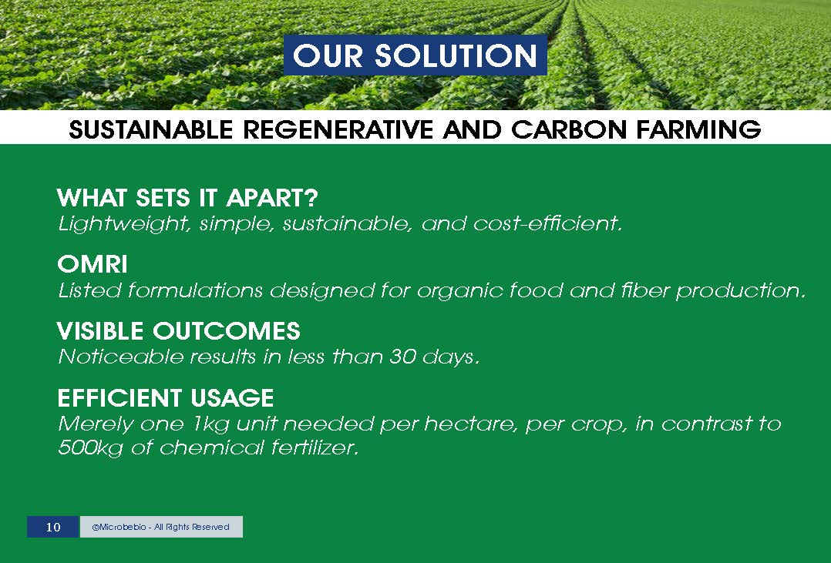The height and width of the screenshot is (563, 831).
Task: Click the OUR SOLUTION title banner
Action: coord(415,55)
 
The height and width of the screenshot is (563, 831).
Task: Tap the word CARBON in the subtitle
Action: coord(570,129)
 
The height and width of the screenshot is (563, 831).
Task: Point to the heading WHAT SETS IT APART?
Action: coord(187,198)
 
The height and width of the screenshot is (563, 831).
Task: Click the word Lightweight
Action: coord(125,224)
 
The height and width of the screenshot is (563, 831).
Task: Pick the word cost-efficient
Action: coord(547,224)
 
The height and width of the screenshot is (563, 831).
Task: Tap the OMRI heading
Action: coord(93,264)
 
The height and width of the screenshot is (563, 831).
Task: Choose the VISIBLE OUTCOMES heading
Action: coord(179,331)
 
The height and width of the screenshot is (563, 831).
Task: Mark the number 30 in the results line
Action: coord(402,357)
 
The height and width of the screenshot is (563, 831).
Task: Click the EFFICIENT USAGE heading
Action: coord(165,397)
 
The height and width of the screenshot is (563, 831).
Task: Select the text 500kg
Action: coord(90,448)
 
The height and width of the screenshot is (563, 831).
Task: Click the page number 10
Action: coord(53,527)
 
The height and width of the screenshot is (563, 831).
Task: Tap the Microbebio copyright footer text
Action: coord(160,527)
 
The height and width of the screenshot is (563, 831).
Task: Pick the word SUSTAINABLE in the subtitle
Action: coord(151,129)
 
